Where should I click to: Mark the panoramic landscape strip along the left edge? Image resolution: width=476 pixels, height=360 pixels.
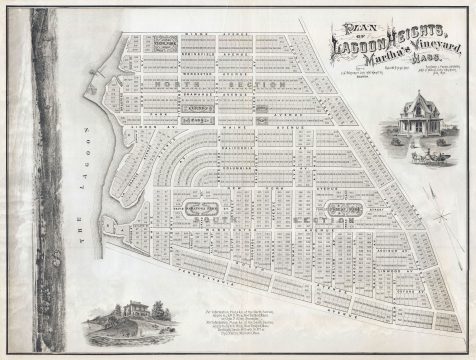[x=46, y=180]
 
